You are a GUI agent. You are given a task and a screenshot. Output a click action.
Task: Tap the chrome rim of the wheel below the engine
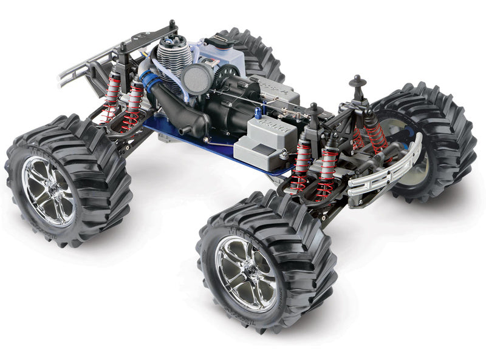(49, 190)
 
